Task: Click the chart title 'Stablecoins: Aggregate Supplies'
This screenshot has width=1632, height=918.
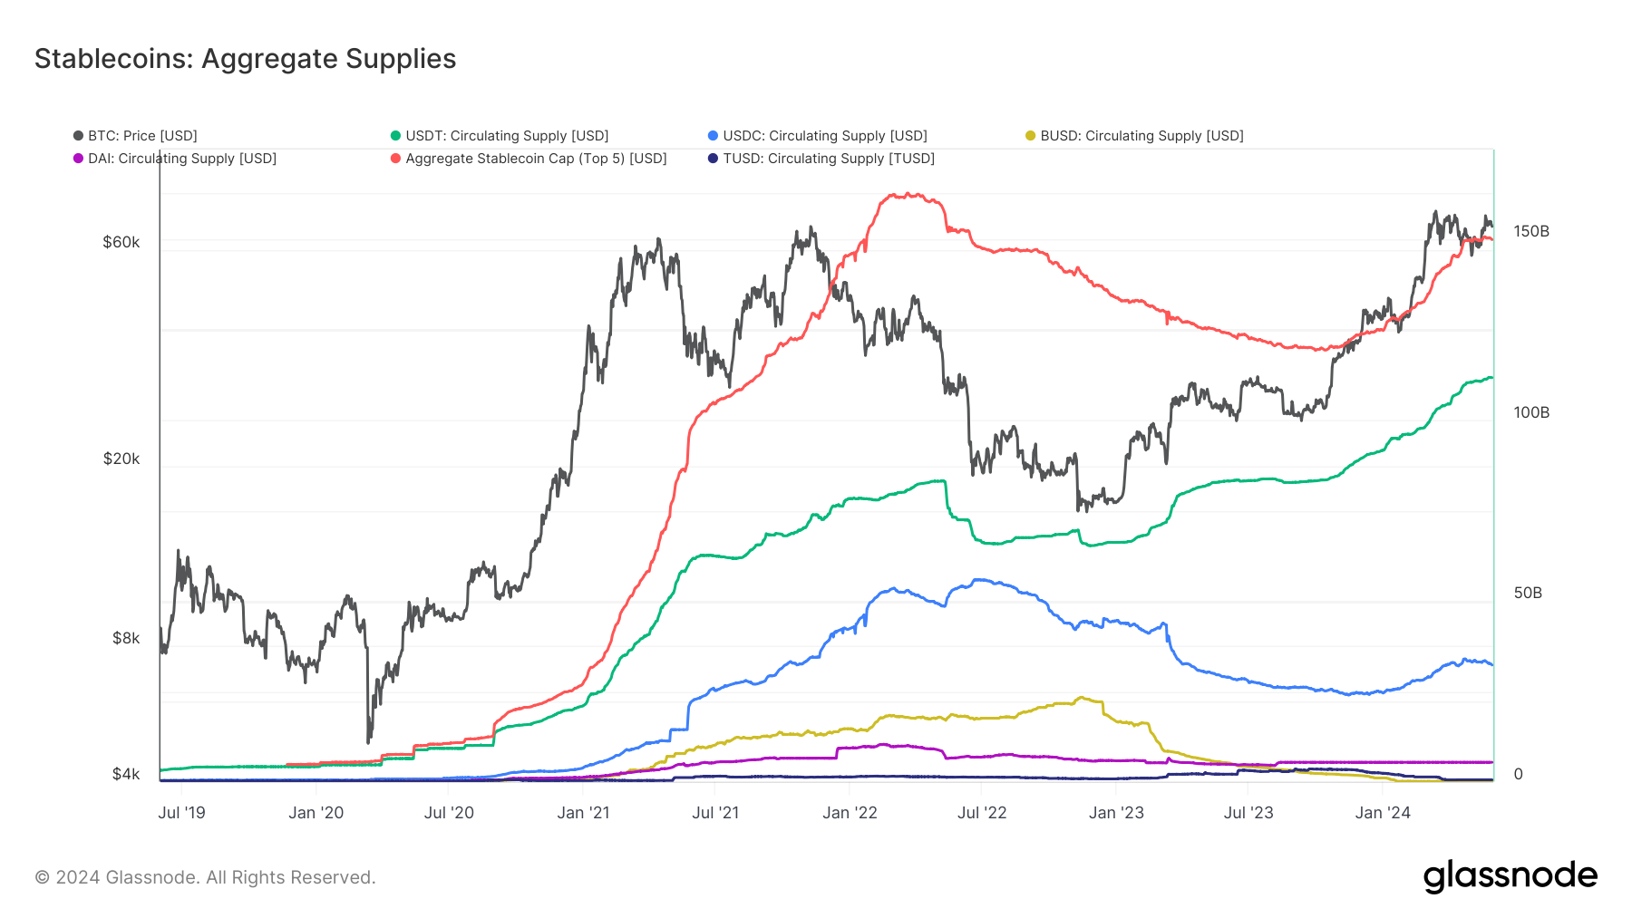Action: coord(245,59)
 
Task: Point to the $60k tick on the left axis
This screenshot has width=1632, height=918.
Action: coord(121,242)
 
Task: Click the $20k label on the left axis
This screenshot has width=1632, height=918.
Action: coord(121,459)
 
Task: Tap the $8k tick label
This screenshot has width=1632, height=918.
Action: coord(126,638)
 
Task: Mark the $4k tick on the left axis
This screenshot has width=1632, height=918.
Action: coord(126,774)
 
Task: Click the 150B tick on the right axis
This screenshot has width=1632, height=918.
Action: coord(1531,231)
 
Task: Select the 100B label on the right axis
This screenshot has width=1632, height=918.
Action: coord(1531,412)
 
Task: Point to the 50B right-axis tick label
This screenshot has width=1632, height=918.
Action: coord(1528,593)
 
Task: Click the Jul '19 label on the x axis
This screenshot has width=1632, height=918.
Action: coord(181,813)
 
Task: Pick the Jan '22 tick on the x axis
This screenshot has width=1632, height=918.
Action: coord(850,813)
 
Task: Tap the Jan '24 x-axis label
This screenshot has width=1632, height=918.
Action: coord(1383,813)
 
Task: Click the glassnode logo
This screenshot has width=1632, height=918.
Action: coord(1510,876)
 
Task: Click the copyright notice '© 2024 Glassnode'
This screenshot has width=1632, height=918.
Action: coord(205,877)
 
